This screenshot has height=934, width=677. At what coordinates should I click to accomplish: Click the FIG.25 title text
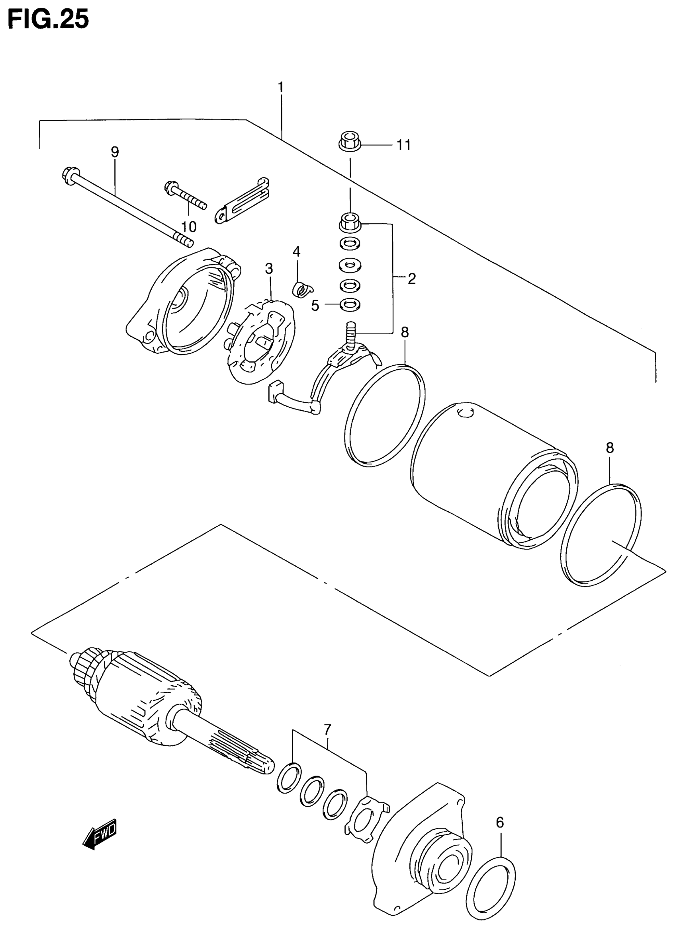tap(48, 20)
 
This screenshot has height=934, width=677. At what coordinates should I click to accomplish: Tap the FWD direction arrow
tap(100, 834)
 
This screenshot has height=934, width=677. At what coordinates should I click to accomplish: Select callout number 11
tap(404, 145)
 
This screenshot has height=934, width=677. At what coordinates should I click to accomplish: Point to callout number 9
tap(115, 152)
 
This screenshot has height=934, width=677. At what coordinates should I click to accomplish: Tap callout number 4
tap(296, 251)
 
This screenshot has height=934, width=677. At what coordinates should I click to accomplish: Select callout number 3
tap(269, 269)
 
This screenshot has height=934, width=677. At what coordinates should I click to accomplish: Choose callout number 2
tap(412, 279)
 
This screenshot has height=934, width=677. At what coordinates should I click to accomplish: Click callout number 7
tap(327, 730)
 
